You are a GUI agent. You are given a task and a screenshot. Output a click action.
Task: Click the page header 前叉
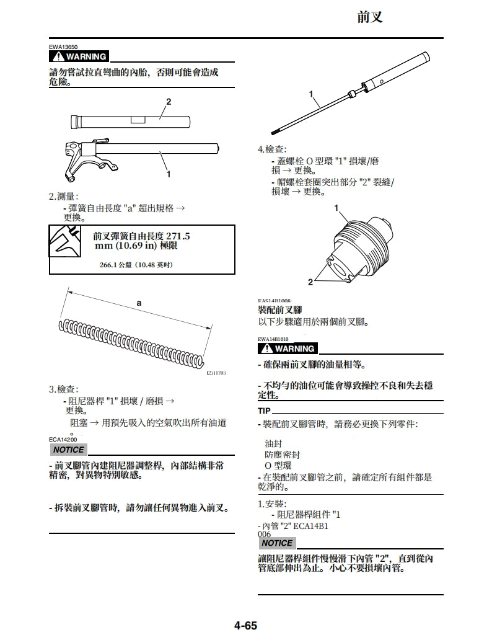[x=370, y=17]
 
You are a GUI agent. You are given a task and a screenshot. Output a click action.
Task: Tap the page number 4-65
[x=245, y=625]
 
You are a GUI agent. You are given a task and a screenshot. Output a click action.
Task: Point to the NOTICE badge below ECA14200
[x=68, y=450]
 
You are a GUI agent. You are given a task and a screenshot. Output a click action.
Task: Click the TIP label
[x=264, y=411]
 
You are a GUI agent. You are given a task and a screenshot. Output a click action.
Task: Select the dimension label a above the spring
[x=139, y=303]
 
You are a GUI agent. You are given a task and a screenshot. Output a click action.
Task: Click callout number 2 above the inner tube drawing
[x=168, y=101]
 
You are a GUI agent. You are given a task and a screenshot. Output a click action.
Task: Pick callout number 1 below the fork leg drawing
[x=168, y=174]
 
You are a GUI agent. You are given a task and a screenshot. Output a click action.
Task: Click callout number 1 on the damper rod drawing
[x=312, y=94]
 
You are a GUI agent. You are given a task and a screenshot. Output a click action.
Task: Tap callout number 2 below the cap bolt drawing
[x=310, y=282]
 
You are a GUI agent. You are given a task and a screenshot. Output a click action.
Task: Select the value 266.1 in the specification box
[x=110, y=265]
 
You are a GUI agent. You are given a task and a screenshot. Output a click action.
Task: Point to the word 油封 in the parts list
[x=273, y=443]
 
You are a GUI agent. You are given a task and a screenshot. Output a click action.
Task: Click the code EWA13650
[x=63, y=47]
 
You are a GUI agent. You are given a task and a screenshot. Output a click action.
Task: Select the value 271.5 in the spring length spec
[x=178, y=236]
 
